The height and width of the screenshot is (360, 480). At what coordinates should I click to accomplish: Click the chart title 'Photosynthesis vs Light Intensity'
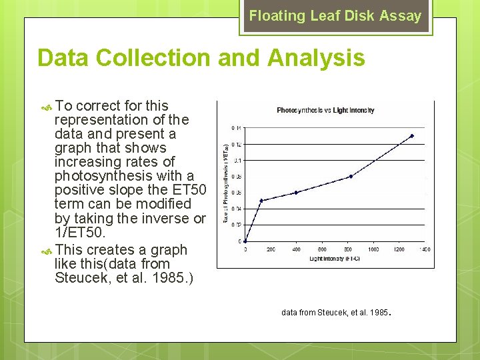[325, 110]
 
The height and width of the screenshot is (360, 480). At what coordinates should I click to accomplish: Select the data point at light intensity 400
[296, 192]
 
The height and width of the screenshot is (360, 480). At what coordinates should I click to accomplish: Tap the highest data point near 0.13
[412, 136]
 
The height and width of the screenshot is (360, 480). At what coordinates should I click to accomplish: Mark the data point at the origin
[245, 241]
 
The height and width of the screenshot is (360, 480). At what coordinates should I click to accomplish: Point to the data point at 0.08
[351, 176]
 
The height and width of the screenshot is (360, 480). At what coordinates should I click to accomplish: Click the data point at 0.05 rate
[261, 200]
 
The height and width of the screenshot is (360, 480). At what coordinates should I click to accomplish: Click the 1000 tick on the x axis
[373, 249]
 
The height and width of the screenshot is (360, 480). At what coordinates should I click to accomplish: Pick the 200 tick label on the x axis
[271, 249]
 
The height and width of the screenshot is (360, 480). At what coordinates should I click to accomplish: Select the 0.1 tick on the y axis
[238, 160]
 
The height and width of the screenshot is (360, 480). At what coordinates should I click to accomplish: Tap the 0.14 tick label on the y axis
[237, 127]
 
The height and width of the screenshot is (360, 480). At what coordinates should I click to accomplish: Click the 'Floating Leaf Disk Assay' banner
[335, 16]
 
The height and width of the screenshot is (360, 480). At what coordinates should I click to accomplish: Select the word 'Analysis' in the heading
[316, 58]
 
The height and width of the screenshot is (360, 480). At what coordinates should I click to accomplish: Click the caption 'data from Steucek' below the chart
[335, 311]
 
